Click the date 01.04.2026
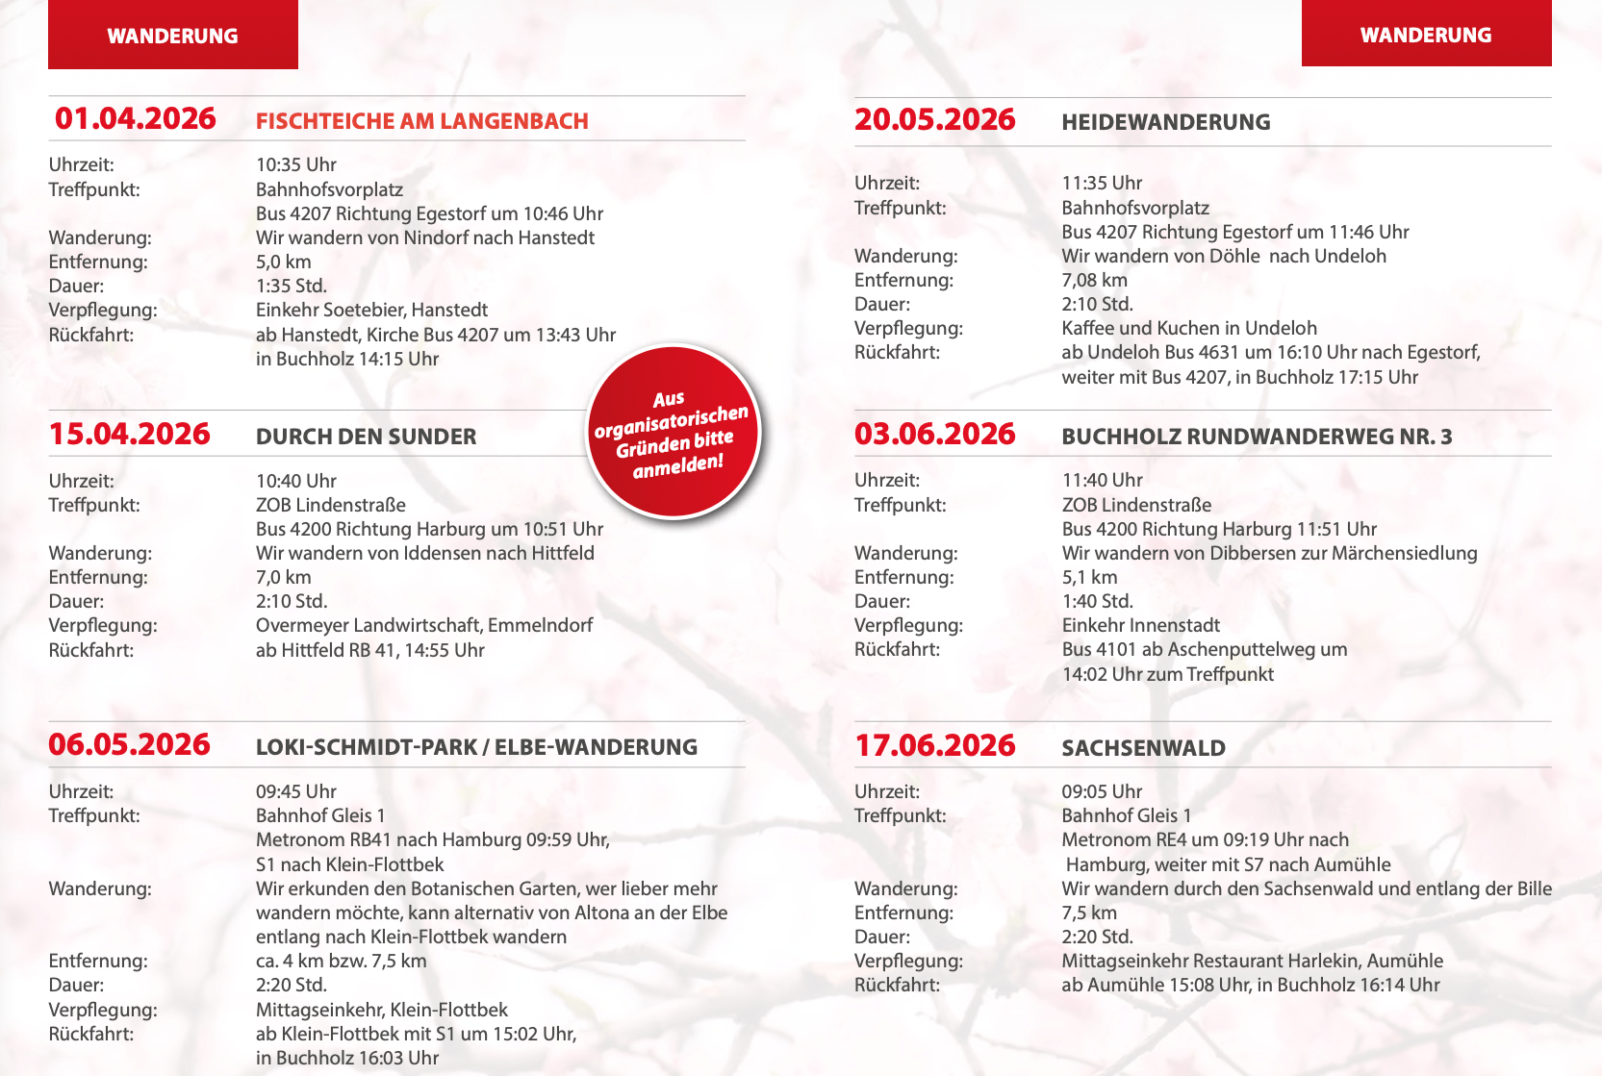135,118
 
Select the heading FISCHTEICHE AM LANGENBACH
421,121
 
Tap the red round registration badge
674,432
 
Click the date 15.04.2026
129,434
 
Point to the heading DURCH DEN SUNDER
366,437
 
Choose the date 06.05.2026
129,744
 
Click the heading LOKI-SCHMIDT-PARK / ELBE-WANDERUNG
476,747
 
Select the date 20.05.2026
934,119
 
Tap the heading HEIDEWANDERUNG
1165,122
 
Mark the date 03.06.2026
934,434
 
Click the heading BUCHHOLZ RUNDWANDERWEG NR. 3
1257,437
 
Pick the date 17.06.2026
934,745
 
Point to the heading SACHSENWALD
1143,748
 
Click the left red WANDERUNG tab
173,36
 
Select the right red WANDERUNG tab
1426,35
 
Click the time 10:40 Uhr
296,481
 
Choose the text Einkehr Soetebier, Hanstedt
371,310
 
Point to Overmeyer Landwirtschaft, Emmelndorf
424,625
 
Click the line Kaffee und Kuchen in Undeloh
1189,328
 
